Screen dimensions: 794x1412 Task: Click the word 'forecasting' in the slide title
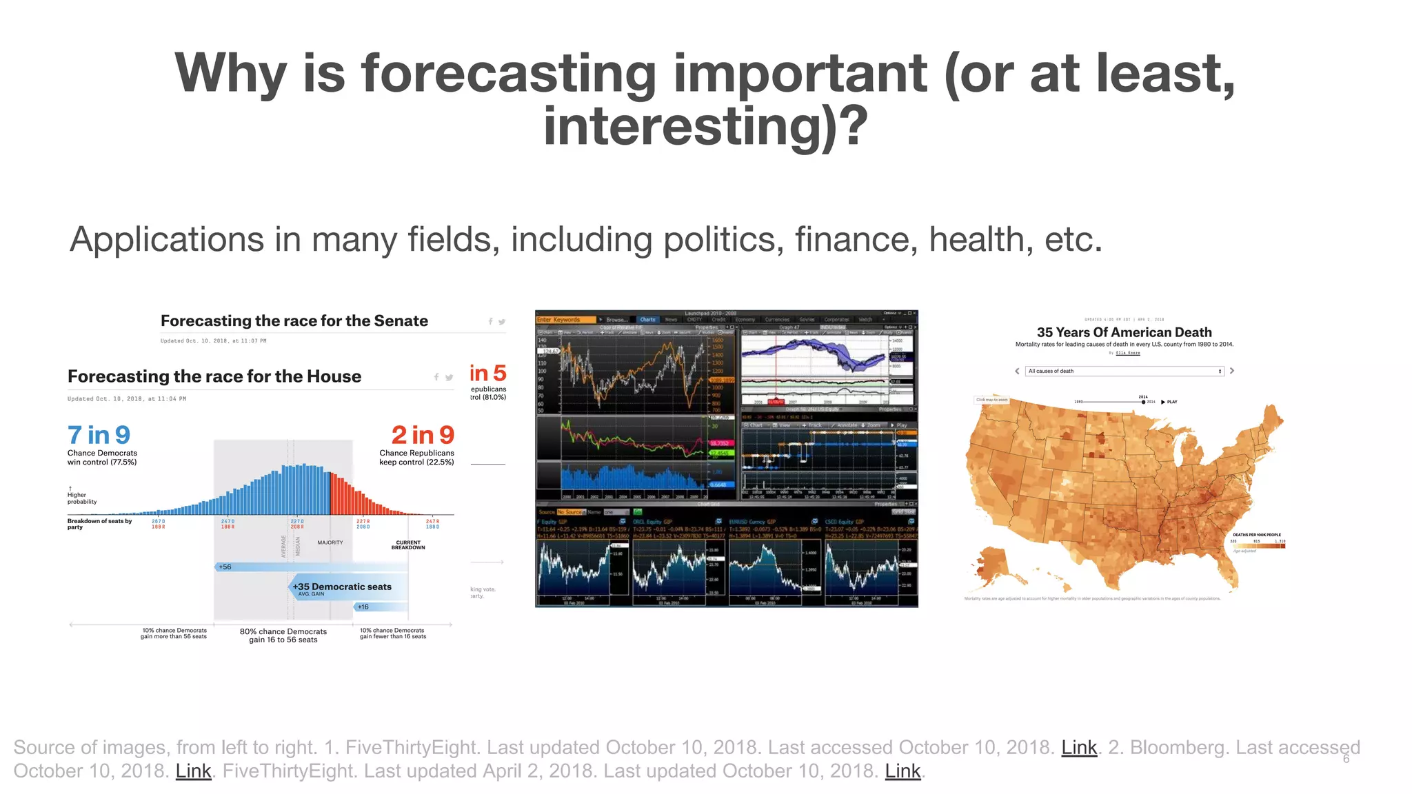pos(509,74)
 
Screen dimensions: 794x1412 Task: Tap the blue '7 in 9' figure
pos(99,435)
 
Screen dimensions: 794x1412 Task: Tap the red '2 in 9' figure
pos(423,435)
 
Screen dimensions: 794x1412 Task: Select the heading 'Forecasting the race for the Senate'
pos(294,321)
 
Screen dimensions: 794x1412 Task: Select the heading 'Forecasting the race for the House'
pos(214,376)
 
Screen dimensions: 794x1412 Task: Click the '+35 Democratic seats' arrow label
pos(342,587)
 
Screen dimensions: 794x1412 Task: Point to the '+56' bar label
pos(225,567)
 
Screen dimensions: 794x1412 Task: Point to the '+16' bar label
pos(363,607)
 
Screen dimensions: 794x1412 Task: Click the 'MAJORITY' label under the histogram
pos(330,542)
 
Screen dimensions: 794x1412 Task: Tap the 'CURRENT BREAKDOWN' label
pos(408,545)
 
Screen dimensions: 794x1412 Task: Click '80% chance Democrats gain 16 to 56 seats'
pos(283,635)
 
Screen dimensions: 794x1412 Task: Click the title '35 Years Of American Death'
pos(1124,332)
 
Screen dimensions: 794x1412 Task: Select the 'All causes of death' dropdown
pos(1124,371)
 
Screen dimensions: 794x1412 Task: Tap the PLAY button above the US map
pos(1169,402)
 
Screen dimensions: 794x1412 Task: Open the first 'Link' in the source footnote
pos(1078,748)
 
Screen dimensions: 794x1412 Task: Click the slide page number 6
pos(1346,759)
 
